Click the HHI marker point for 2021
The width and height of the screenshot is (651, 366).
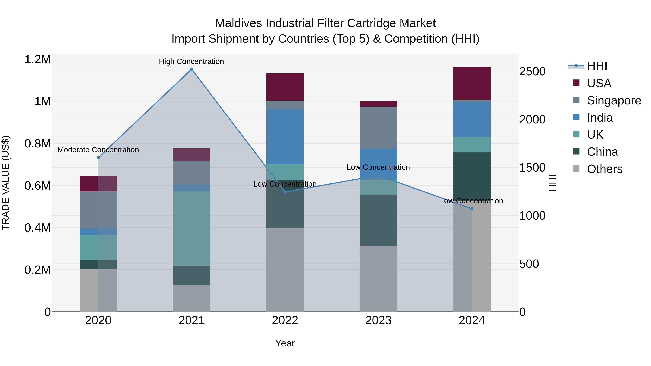coord(192,69)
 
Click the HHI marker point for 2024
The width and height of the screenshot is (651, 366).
coord(472,209)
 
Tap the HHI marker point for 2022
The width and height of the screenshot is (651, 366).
coord(285,192)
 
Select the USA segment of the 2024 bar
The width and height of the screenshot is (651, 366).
coord(472,83)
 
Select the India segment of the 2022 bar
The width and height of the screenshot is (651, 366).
coord(285,137)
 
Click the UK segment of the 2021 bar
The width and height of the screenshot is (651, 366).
coord(192,228)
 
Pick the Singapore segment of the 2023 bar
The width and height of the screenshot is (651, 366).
coord(378,128)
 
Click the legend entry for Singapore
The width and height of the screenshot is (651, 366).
coord(614,100)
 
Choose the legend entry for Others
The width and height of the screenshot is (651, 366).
coord(605,169)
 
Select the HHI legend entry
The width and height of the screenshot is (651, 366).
coord(597,66)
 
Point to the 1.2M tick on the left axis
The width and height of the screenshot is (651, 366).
coord(37,60)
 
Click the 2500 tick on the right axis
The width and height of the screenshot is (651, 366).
coord(532,71)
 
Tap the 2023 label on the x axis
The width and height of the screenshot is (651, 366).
coord(378,320)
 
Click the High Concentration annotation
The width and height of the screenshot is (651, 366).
coord(191,61)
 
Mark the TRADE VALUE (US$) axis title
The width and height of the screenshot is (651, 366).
coord(6,183)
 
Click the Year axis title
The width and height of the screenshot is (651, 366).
coord(285,343)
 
